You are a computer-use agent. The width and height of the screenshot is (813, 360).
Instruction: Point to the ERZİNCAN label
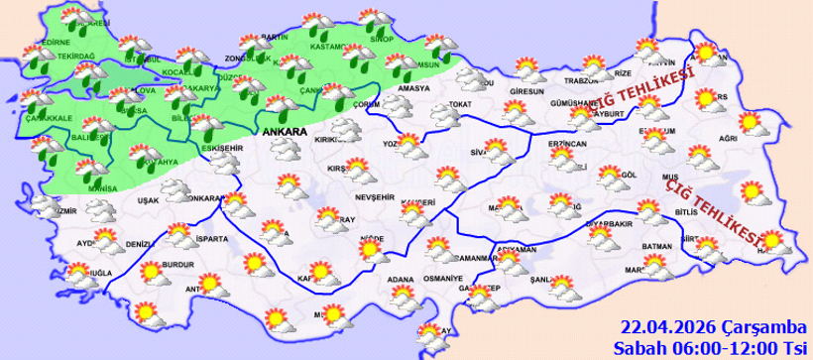click(568, 144)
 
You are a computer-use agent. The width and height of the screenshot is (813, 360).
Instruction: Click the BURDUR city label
click(177, 266)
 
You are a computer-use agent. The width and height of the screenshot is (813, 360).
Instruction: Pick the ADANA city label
click(401, 279)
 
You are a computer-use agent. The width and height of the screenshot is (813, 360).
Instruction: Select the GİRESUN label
click(526, 91)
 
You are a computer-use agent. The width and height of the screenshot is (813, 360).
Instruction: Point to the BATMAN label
click(658, 245)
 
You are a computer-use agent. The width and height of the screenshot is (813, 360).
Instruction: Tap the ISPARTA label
click(213, 239)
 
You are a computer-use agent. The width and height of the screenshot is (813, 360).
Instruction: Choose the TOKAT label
click(457, 103)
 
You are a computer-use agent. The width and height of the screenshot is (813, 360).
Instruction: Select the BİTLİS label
click(684, 211)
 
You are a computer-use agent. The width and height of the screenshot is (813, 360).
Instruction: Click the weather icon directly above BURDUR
click(179, 237)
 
